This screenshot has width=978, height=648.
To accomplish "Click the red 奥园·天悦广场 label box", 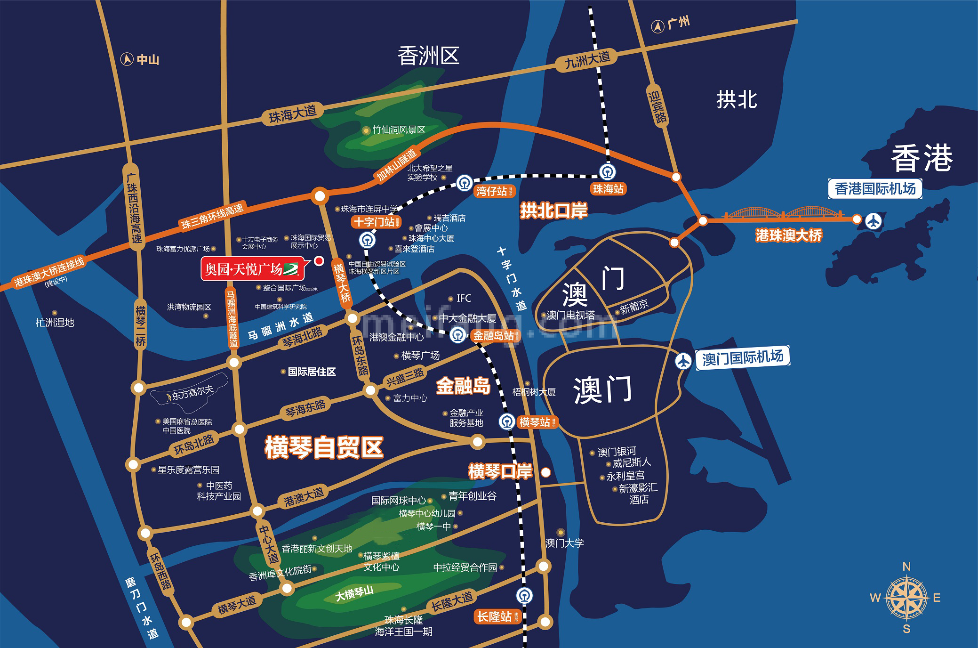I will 252,269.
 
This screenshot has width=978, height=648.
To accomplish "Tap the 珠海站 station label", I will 608,189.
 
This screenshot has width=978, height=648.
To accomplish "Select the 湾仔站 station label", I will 491,191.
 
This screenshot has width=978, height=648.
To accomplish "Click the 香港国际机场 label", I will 875,189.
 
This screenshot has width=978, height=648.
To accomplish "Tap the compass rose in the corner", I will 906,598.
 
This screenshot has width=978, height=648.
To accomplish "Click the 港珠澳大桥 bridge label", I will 788,235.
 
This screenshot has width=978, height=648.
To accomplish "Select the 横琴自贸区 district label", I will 324,447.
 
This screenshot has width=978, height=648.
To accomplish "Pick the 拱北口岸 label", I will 553,211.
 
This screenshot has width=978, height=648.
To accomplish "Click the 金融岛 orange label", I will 463,386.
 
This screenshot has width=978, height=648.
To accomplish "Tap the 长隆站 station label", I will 494,616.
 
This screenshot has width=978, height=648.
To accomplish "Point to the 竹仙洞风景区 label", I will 399,130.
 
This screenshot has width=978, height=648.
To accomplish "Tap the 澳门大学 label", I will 564,543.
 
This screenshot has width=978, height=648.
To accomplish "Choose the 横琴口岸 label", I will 500,471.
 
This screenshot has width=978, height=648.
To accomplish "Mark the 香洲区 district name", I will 428,56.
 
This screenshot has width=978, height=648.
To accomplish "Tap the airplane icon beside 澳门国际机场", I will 683,361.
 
